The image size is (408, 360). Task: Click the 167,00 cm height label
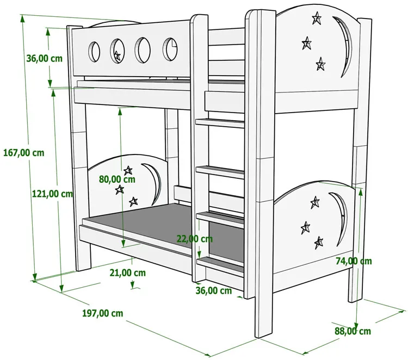pos(23,153)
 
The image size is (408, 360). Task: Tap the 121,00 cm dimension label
pos(52,194)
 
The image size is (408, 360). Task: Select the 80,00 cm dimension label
pos(117,178)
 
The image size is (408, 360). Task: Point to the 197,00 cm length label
pos(102,313)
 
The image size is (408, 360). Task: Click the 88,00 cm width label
pos(353,331)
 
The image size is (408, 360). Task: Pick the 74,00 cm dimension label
pos(354,261)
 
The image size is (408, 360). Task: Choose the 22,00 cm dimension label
pos(194,238)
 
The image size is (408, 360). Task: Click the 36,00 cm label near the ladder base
pos(214,290)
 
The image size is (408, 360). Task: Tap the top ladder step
pos(219,123)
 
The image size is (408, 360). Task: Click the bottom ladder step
pos(220,265)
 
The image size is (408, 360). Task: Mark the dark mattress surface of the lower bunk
pos(147,223)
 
